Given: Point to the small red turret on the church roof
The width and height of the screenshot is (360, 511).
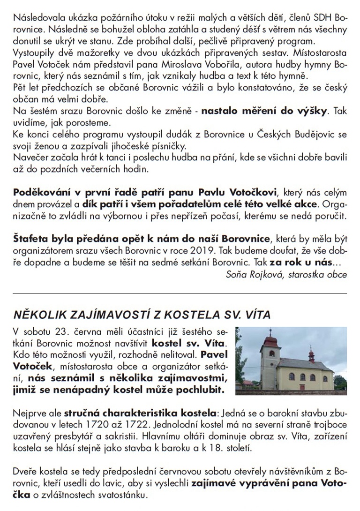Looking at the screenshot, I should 311,353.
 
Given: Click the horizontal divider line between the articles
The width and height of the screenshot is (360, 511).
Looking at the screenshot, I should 180,293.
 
